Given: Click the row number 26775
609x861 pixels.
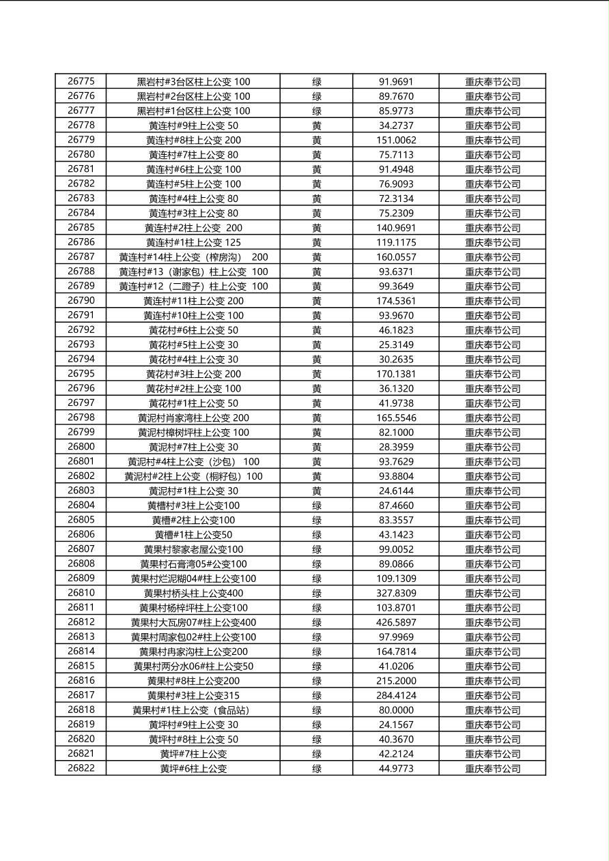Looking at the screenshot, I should pos(81,82).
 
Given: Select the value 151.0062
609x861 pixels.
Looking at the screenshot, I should pos(396,141).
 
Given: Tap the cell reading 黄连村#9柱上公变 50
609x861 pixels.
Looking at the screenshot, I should pos(193,126).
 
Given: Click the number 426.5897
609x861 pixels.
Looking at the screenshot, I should pos(396,623).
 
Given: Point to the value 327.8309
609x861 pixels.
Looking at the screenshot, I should pos(396,594).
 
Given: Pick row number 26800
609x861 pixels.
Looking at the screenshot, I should pos(81,447).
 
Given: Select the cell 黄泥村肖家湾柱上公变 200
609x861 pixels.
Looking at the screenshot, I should pos(193,418).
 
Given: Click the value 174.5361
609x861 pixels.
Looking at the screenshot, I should pos(396,301).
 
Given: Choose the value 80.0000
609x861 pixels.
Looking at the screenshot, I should pos(396,710).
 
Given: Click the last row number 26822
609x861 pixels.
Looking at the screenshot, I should pos(81,769).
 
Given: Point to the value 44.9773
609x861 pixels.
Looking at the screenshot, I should pos(396,769).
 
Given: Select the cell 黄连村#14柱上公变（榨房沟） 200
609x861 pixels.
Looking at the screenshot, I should pos(193,257).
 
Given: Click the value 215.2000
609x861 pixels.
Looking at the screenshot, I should pos(396,681).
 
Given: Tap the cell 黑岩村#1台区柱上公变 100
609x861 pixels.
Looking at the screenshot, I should pos(193,111).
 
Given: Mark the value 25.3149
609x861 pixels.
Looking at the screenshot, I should pos(396,345).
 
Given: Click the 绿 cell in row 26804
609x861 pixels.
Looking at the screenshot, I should pos(317,506).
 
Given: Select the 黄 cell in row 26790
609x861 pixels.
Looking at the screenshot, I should pos(317,301).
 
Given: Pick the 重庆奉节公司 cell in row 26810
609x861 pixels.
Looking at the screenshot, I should pos(492,594).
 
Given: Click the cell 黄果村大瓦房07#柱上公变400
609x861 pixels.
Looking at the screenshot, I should pos(193,623).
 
